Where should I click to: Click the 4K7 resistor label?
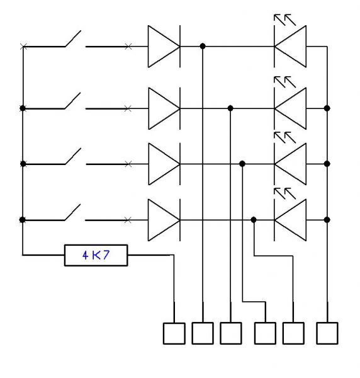click(96, 255)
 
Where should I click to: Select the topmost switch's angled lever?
click(73, 38)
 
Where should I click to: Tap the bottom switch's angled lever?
click(72, 212)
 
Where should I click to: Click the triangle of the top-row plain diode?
click(164, 46)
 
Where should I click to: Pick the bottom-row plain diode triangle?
click(164, 220)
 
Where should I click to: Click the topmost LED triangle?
click(290, 46)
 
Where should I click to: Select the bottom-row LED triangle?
click(290, 220)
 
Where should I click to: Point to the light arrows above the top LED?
click(285, 20)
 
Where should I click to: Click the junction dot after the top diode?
click(203, 46)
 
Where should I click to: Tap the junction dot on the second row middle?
click(230, 108)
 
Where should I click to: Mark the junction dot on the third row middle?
click(242, 164)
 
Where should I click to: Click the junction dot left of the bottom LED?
click(254, 220)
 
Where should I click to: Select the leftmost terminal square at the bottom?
click(174, 333)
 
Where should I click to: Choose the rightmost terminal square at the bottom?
click(327, 333)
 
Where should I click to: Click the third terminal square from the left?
click(231, 333)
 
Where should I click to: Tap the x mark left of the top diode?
click(128, 47)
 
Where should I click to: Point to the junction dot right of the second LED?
click(327, 108)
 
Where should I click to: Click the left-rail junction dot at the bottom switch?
click(23, 220)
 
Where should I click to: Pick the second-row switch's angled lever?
click(72, 101)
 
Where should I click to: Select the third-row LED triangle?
click(290, 164)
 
